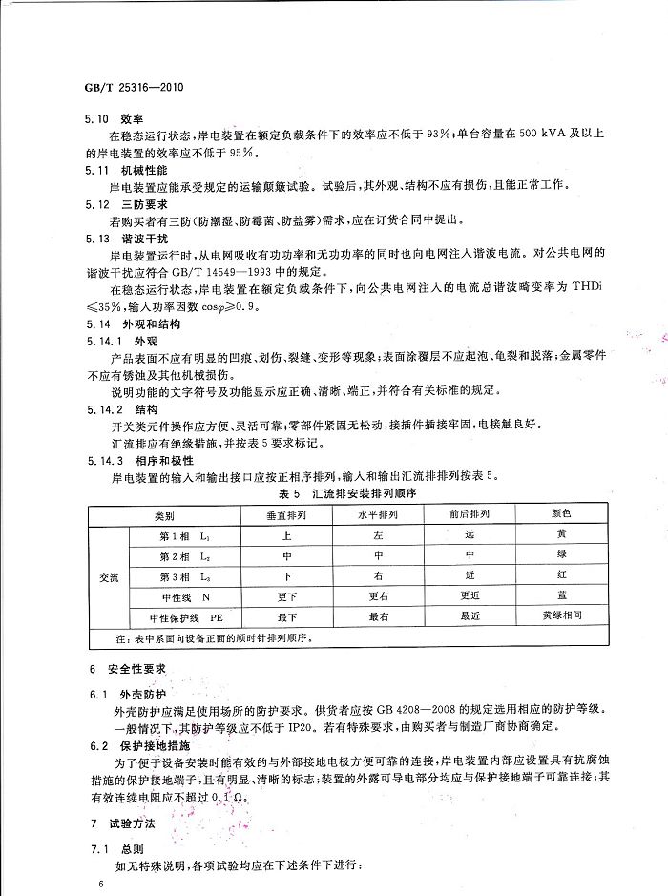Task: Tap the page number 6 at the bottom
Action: (98, 885)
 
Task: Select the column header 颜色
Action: (560, 513)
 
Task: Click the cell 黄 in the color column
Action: (560, 535)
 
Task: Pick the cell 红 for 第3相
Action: (560, 576)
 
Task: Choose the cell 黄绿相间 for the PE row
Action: (560, 616)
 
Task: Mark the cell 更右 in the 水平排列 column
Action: (378, 596)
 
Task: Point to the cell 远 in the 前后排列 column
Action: (469, 535)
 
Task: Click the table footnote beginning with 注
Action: (211, 636)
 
